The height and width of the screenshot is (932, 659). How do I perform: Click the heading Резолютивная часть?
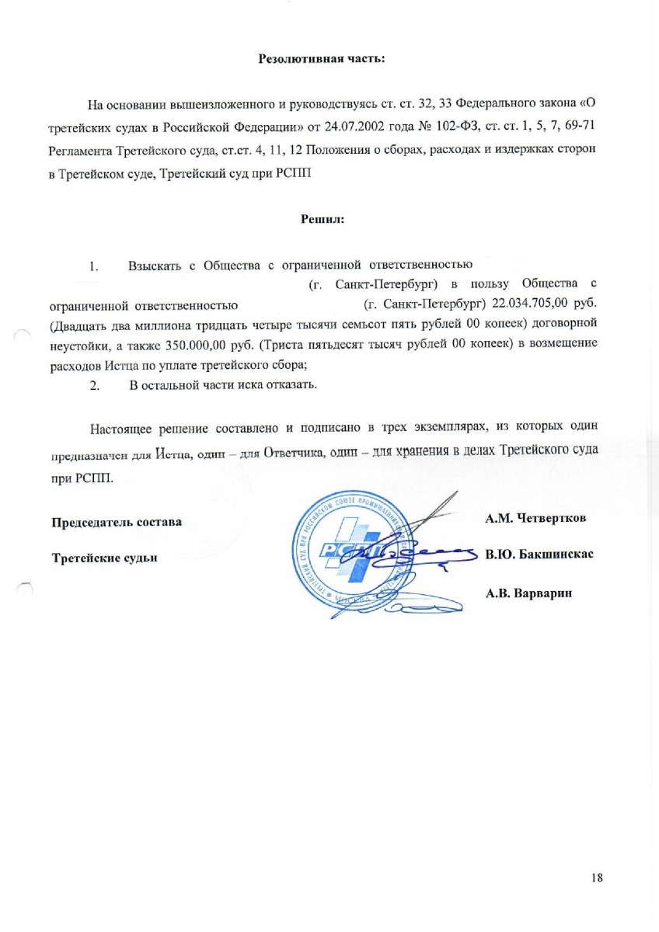coord(322,59)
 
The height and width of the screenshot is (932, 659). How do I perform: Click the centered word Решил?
coord(323,219)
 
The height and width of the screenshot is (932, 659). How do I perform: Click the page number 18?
coord(597,878)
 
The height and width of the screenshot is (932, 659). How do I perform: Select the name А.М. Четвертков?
coord(535,518)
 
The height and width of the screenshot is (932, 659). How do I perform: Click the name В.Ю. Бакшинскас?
coord(539,555)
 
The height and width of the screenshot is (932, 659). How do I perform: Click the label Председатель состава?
coord(117,522)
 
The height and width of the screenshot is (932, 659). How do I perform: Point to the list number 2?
coord(95,384)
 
